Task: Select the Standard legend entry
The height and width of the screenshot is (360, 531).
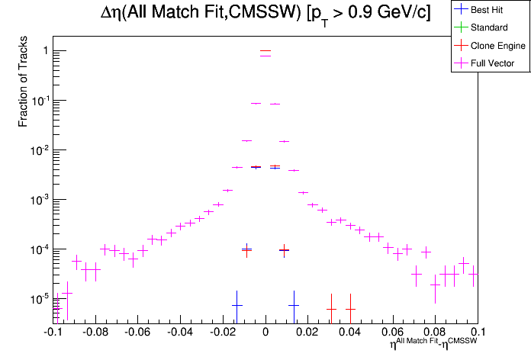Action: point(489,27)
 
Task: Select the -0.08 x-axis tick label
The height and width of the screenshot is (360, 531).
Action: point(95,332)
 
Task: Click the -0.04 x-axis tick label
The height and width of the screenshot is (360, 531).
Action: point(180,332)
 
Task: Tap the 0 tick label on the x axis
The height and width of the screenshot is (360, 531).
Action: point(265,332)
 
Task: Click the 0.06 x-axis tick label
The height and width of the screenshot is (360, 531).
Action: point(393,332)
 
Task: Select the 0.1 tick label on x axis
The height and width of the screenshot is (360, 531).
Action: point(478,332)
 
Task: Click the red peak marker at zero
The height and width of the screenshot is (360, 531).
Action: point(265,51)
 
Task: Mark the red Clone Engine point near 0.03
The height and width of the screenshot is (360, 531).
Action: point(331,309)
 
